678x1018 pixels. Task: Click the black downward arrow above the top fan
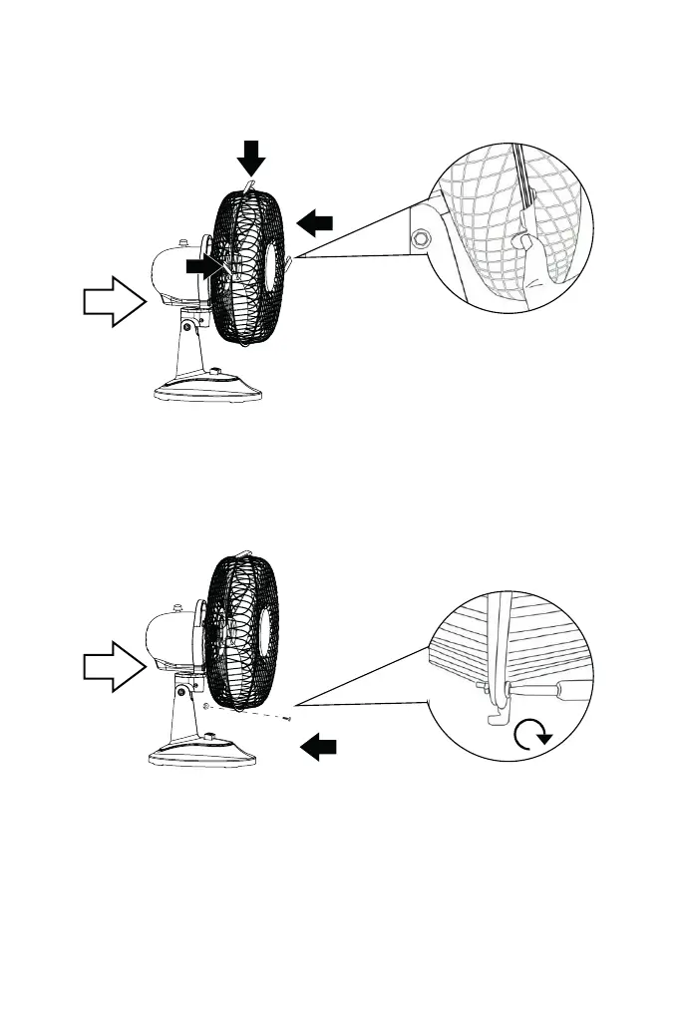point(251,158)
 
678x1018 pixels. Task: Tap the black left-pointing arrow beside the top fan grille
point(314,223)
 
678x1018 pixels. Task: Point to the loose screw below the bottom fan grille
point(287,718)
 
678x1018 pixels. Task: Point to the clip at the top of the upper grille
point(250,185)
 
